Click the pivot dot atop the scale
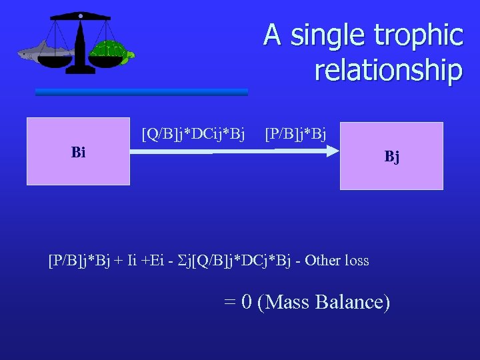80,15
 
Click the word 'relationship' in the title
389,69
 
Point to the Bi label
78,152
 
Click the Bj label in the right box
391,157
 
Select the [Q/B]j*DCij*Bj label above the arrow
193,136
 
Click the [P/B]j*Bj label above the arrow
295,136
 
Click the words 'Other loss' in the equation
337,260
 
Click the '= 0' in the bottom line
238,302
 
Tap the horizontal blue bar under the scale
141,92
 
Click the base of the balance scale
80,69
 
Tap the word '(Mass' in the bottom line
283,302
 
